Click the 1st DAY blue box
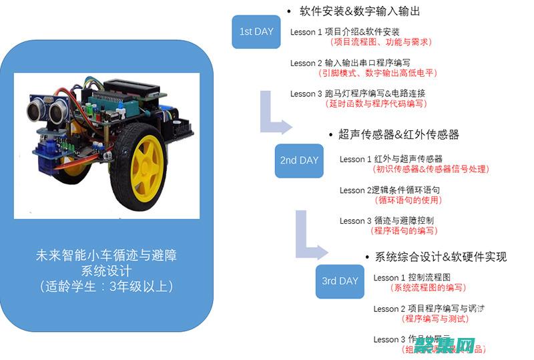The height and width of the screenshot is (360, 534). point(256,31)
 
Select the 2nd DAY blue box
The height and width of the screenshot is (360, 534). point(299,160)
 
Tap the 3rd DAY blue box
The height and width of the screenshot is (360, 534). point(340,281)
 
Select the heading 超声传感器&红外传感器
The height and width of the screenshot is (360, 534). point(398,134)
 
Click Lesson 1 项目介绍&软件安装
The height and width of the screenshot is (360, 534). point(345,31)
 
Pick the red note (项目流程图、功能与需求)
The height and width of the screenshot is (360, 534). point(381,41)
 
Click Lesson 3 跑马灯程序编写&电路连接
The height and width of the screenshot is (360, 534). point(358,94)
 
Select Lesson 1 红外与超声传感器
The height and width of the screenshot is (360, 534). point(391,159)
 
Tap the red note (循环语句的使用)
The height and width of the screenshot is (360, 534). point(408,200)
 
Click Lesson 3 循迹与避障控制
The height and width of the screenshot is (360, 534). point(387,220)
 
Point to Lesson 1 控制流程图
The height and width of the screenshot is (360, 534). point(413,277)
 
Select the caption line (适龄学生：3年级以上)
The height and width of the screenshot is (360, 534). point(107,287)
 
